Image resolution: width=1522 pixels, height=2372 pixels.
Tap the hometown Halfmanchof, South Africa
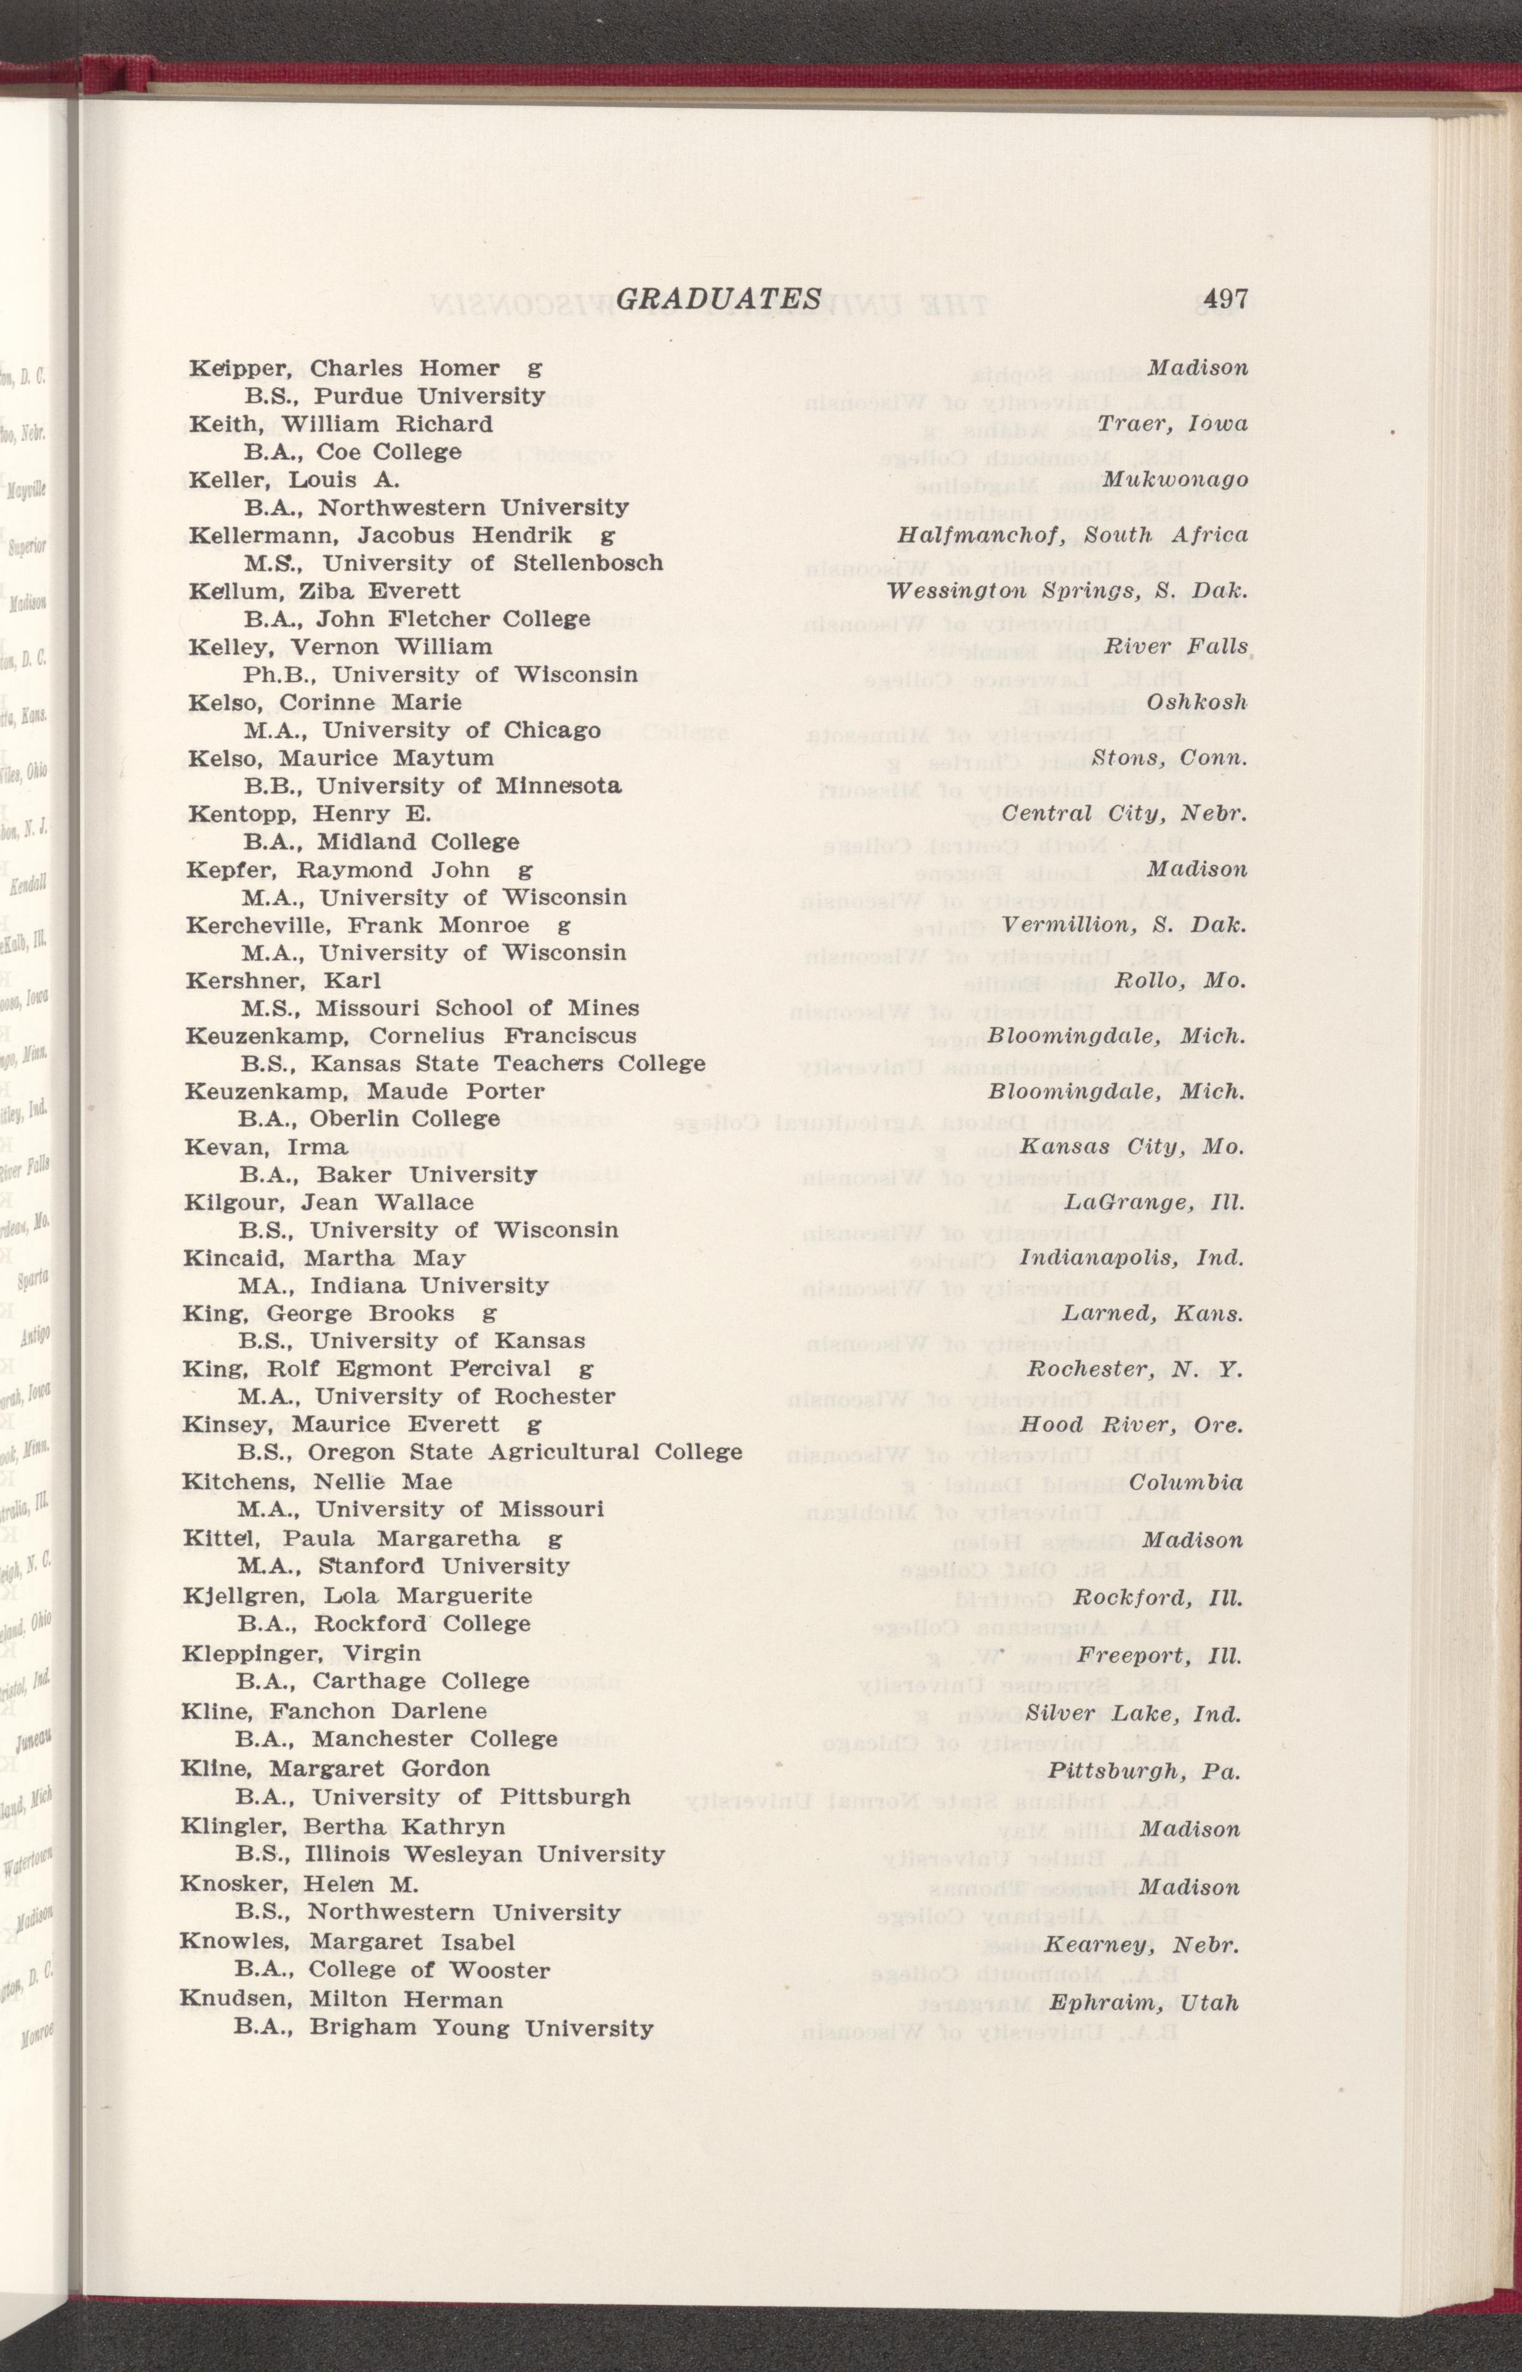click(1071, 535)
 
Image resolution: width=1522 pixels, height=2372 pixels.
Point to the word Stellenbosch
click(589, 563)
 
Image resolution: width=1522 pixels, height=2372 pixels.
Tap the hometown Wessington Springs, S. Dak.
click(1067, 591)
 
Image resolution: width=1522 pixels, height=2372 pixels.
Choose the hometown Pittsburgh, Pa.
click(1144, 1769)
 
